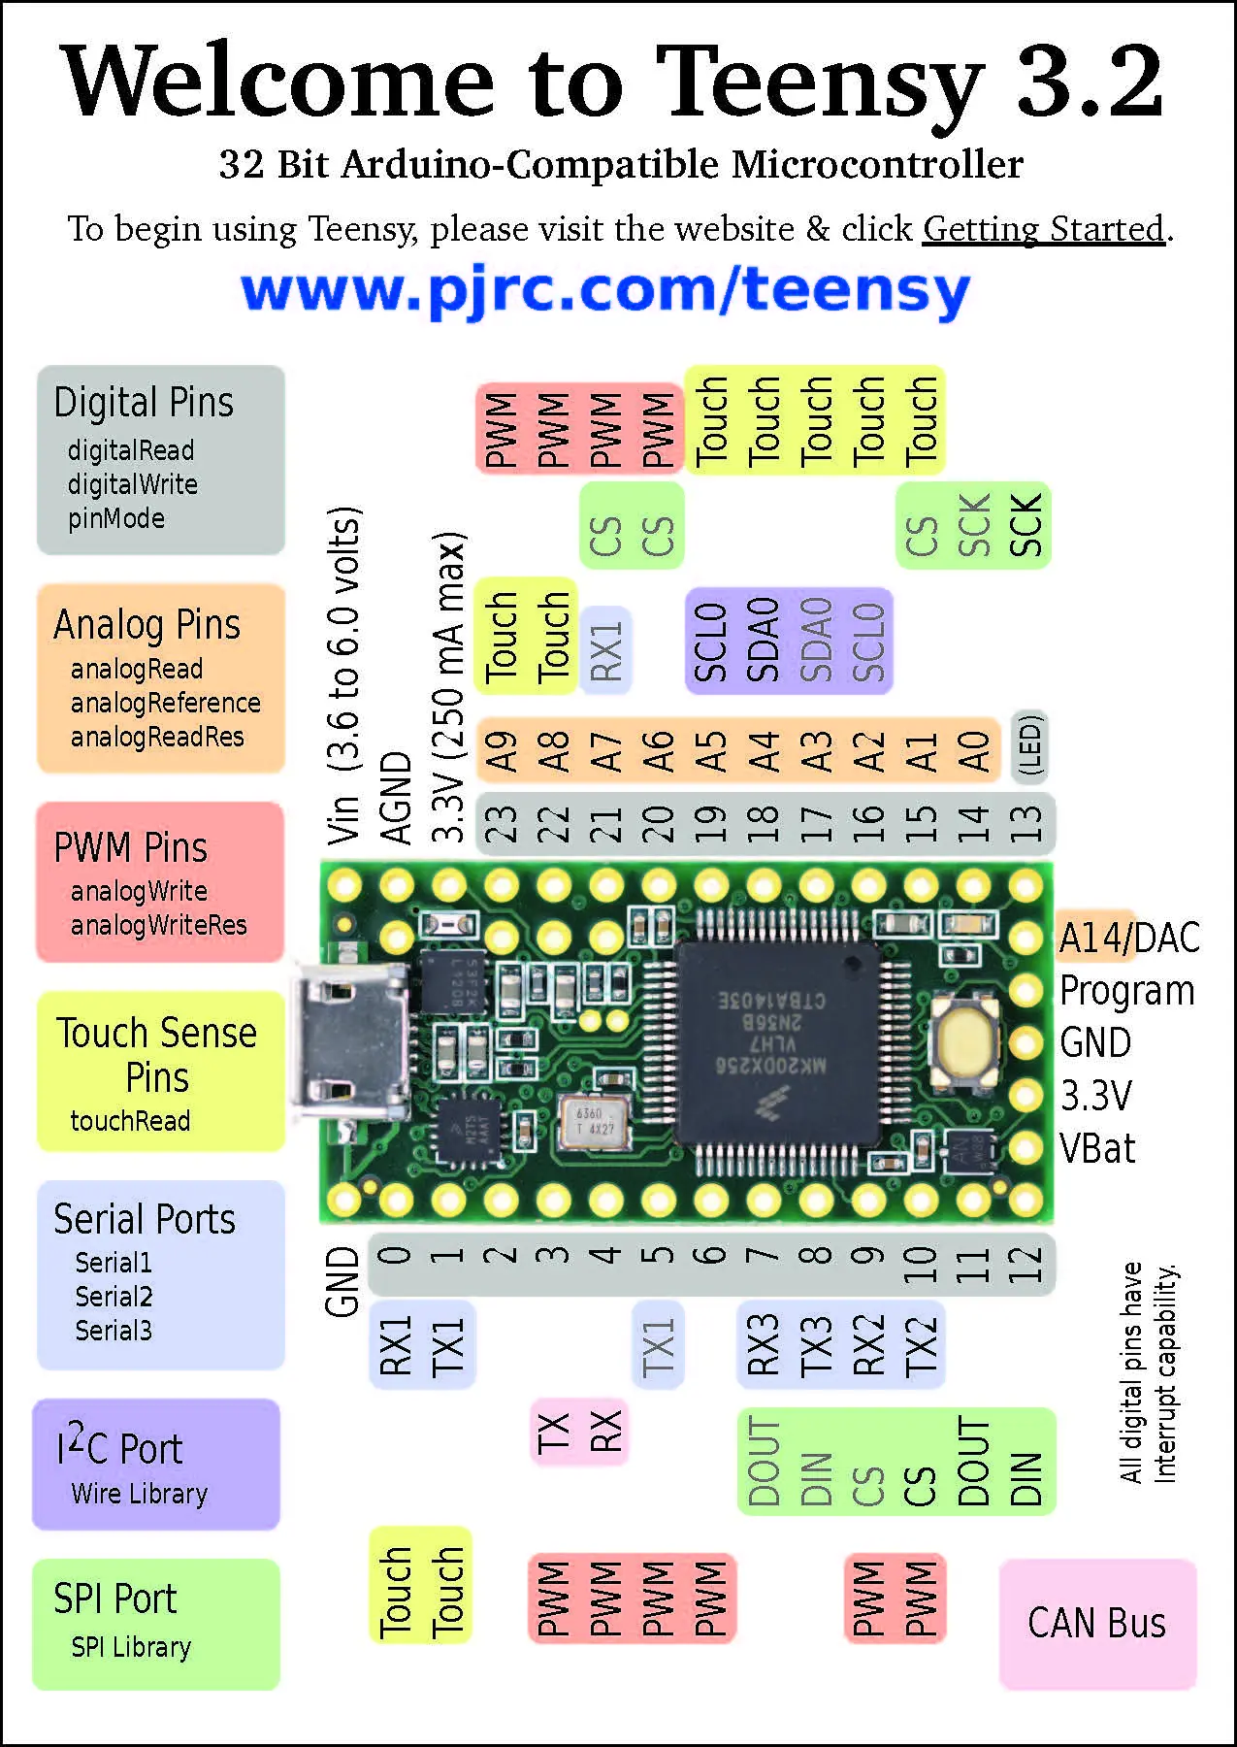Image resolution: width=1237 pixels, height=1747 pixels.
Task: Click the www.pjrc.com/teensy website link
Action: coord(605,290)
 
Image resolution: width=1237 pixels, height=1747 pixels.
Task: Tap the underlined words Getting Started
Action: coord(1043,229)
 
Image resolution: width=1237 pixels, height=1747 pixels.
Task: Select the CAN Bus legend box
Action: coord(1097,1623)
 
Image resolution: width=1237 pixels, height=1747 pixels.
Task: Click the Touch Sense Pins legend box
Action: coord(160,1071)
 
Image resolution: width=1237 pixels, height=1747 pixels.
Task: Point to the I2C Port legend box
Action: coord(156,1464)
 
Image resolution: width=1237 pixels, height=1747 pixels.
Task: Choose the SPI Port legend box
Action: coord(156,1623)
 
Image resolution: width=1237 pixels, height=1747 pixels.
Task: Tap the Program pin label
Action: coord(1126,991)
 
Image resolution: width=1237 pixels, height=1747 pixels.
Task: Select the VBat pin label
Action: coord(1097,1149)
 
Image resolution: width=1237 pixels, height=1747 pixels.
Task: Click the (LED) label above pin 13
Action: coord(1030,746)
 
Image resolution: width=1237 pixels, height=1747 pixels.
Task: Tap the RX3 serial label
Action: coord(764,1344)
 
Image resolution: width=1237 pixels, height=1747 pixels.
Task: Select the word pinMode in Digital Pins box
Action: coord(116,518)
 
